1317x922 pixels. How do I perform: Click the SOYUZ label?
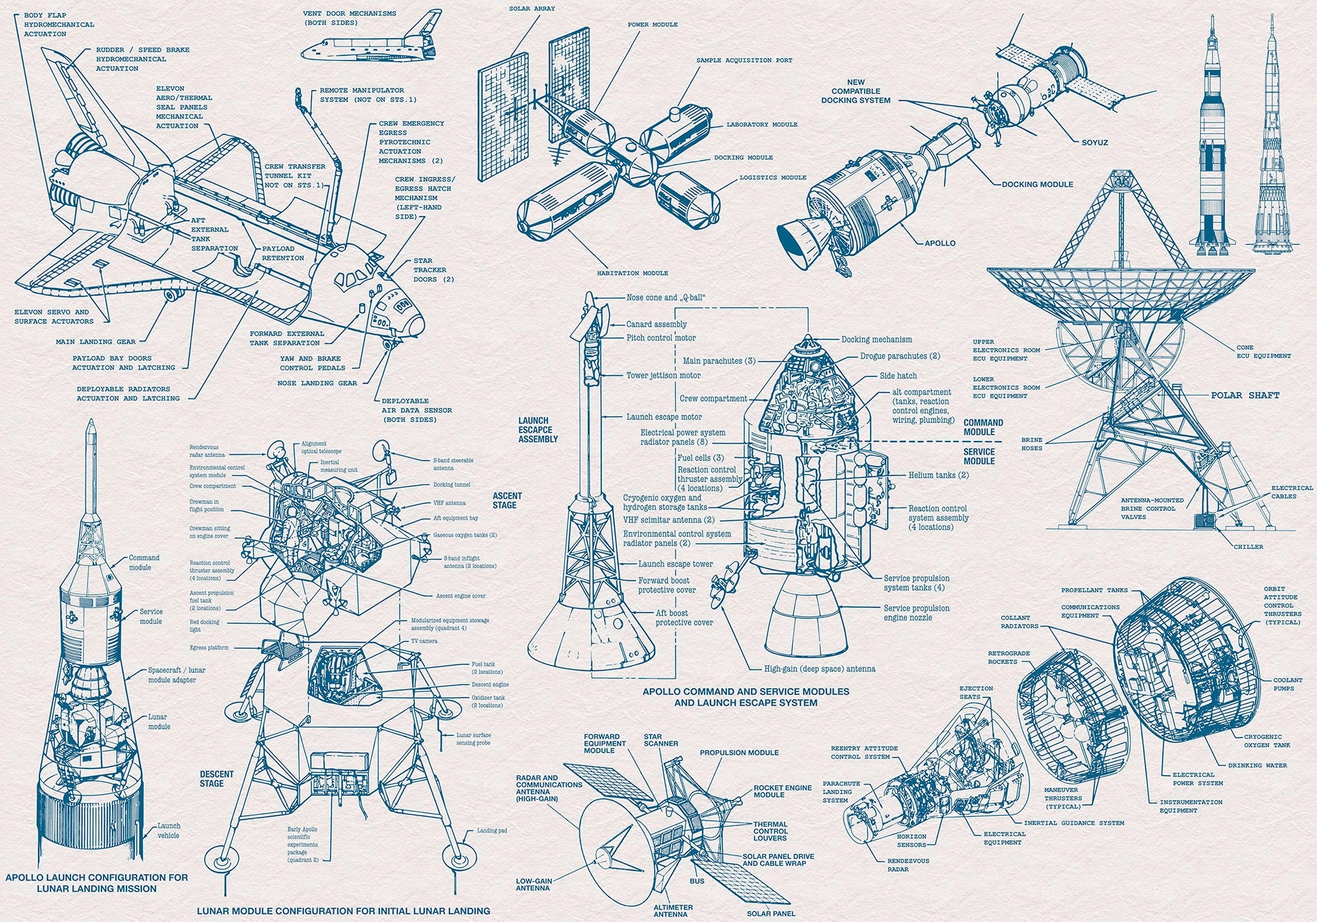tap(1094, 142)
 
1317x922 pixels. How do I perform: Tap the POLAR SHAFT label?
tap(1245, 395)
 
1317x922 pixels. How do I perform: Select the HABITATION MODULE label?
tap(632, 273)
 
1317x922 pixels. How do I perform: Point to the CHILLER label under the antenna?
tap(1249, 546)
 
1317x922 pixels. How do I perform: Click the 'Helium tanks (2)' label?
tap(938, 475)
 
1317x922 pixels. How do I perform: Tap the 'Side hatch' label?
tap(898, 376)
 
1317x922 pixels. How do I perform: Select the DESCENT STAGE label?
tap(217, 779)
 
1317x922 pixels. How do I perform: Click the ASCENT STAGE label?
tap(507, 500)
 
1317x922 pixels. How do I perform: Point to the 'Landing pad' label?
tap(492, 830)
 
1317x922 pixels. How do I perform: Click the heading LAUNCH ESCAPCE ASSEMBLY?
tap(538, 430)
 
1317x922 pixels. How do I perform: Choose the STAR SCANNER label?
tap(660, 740)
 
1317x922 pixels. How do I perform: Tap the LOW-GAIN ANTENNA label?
tap(533, 884)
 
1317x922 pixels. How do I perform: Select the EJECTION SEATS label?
tap(976, 692)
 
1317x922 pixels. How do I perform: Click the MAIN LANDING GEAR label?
tap(95, 342)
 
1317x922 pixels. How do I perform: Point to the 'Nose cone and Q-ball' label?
tap(666, 298)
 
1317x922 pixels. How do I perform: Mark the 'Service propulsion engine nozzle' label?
tap(916, 613)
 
